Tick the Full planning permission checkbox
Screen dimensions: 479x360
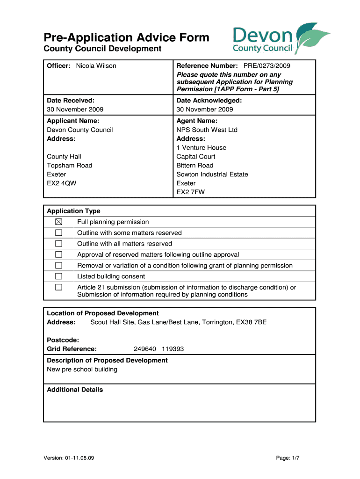(x=58, y=222)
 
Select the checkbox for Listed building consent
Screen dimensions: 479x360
(x=58, y=276)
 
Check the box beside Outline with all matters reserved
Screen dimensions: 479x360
(x=58, y=244)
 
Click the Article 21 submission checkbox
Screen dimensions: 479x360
(x=58, y=287)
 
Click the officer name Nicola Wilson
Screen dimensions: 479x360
(x=96, y=66)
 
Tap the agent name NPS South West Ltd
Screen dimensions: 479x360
(x=207, y=130)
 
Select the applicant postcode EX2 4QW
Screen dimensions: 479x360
(x=62, y=183)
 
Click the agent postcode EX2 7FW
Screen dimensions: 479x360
(x=190, y=192)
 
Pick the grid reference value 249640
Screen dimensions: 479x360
(x=145, y=349)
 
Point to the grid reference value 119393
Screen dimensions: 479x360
(x=173, y=349)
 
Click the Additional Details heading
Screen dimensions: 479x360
(x=75, y=390)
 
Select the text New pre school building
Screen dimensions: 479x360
(x=82, y=370)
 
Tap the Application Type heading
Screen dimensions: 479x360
(x=73, y=211)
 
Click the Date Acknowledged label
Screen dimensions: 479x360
(x=209, y=101)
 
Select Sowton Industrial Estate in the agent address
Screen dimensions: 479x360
(x=212, y=174)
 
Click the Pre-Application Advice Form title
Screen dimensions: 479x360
(x=126, y=37)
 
